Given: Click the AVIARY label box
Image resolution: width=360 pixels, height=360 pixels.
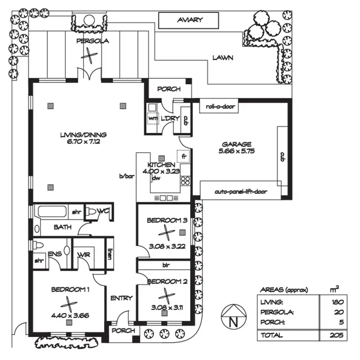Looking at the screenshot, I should [190, 21].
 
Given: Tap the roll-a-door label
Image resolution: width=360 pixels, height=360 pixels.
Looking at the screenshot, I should [220, 107].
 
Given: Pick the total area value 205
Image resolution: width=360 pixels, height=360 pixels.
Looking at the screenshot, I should [336, 336].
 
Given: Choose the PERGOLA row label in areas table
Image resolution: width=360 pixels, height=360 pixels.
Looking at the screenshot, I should [276, 312].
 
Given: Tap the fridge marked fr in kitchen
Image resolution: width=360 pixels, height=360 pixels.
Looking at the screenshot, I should [184, 156].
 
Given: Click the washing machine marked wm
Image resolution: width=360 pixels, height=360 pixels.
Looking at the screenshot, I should [153, 118].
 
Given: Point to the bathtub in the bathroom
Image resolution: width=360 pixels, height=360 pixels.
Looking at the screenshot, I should [53, 212].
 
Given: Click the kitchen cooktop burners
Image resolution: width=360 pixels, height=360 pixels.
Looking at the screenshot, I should [184, 181].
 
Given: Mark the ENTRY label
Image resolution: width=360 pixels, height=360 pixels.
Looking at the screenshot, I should [121, 298].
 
